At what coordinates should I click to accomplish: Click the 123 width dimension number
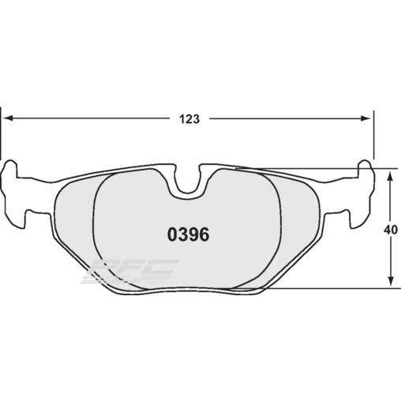coord(188,119)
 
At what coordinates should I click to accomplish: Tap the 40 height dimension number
coord(389,230)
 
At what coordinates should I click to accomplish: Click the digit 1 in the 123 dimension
coord(181,119)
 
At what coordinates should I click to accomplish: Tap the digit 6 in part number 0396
coord(204,234)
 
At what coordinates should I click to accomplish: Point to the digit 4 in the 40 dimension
coord(386,230)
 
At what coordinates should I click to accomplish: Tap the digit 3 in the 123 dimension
coord(195,119)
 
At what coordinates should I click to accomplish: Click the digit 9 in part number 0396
coord(193,234)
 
